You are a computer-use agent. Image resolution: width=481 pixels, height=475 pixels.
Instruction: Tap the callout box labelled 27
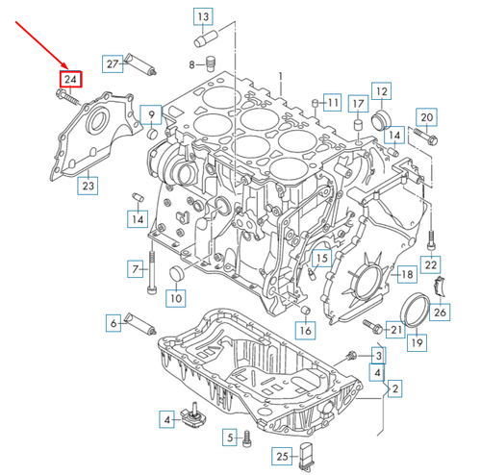[113, 63]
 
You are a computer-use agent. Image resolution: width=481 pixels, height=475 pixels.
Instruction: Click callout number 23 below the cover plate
[88, 186]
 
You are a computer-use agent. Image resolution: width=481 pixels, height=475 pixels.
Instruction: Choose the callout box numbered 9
[151, 117]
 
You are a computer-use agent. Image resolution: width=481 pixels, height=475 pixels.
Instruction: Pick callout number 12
[381, 92]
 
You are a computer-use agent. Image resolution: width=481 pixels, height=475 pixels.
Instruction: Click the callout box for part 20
[427, 119]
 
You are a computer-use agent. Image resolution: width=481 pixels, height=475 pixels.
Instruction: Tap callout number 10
[175, 299]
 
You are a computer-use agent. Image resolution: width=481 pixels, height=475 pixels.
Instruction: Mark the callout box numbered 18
[407, 275]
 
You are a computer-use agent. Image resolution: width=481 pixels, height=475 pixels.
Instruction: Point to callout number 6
[114, 324]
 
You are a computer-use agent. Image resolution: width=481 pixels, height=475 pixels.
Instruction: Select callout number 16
[306, 332]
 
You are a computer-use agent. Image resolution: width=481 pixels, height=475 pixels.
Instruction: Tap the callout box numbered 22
[432, 263]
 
